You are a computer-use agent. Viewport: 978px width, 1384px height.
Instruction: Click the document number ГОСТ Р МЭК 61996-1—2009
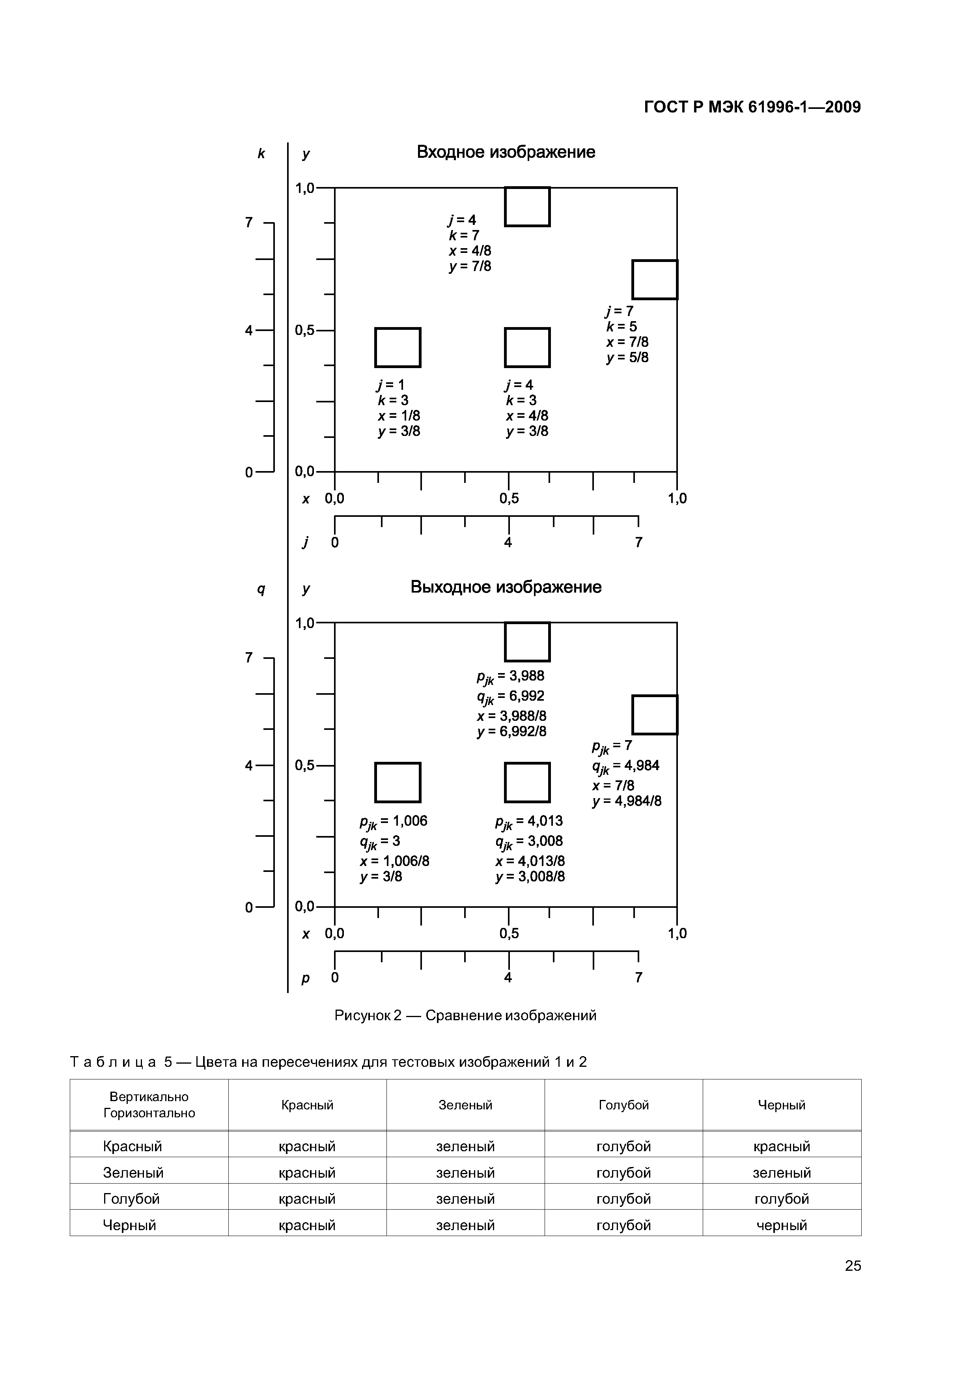click(x=752, y=107)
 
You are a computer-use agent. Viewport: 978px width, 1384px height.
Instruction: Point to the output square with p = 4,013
click(x=527, y=782)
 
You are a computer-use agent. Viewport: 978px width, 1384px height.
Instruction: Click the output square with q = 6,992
click(x=527, y=642)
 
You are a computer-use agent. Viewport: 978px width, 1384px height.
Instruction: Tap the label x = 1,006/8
click(x=395, y=861)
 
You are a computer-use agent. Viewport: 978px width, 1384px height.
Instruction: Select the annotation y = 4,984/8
click(x=627, y=801)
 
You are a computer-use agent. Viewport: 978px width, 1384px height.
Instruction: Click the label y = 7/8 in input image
click(x=470, y=266)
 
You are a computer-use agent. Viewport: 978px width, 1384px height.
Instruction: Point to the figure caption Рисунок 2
click(x=465, y=1016)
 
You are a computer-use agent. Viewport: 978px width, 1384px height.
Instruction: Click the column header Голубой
click(x=624, y=1105)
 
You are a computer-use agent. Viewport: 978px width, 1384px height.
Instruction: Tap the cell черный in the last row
click(x=782, y=1225)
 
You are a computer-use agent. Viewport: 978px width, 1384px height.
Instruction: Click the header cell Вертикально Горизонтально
click(x=149, y=1105)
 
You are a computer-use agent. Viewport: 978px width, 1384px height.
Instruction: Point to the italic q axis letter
click(x=261, y=589)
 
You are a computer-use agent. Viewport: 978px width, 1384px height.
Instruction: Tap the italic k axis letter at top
click(x=261, y=154)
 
